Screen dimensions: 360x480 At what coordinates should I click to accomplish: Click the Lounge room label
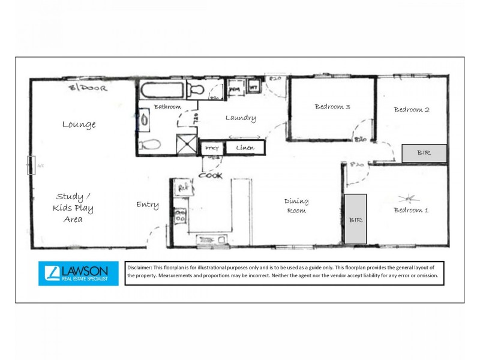tap(79, 125)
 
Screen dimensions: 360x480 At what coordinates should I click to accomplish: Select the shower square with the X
tap(186, 144)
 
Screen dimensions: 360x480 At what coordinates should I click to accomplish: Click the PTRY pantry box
tap(211, 148)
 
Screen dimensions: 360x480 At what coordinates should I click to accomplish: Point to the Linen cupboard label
tap(245, 148)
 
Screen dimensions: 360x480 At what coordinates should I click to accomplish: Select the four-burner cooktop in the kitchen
tap(180, 216)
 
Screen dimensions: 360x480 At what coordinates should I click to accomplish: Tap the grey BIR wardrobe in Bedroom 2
tap(424, 153)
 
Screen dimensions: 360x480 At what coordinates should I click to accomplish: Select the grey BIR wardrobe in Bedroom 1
tap(355, 219)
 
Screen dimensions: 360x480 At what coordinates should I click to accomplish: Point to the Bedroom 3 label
tap(332, 107)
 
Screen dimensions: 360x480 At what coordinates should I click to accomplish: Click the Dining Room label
tap(296, 206)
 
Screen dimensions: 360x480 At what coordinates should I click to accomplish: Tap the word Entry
tap(147, 205)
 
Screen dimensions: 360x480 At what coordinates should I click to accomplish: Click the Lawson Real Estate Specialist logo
tap(79, 273)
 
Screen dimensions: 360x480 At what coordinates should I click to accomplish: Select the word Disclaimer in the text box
tap(143, 266)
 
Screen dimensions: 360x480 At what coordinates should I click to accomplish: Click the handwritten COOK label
tap(211, 176)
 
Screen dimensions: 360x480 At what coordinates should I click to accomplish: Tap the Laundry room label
tap(241, 118)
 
